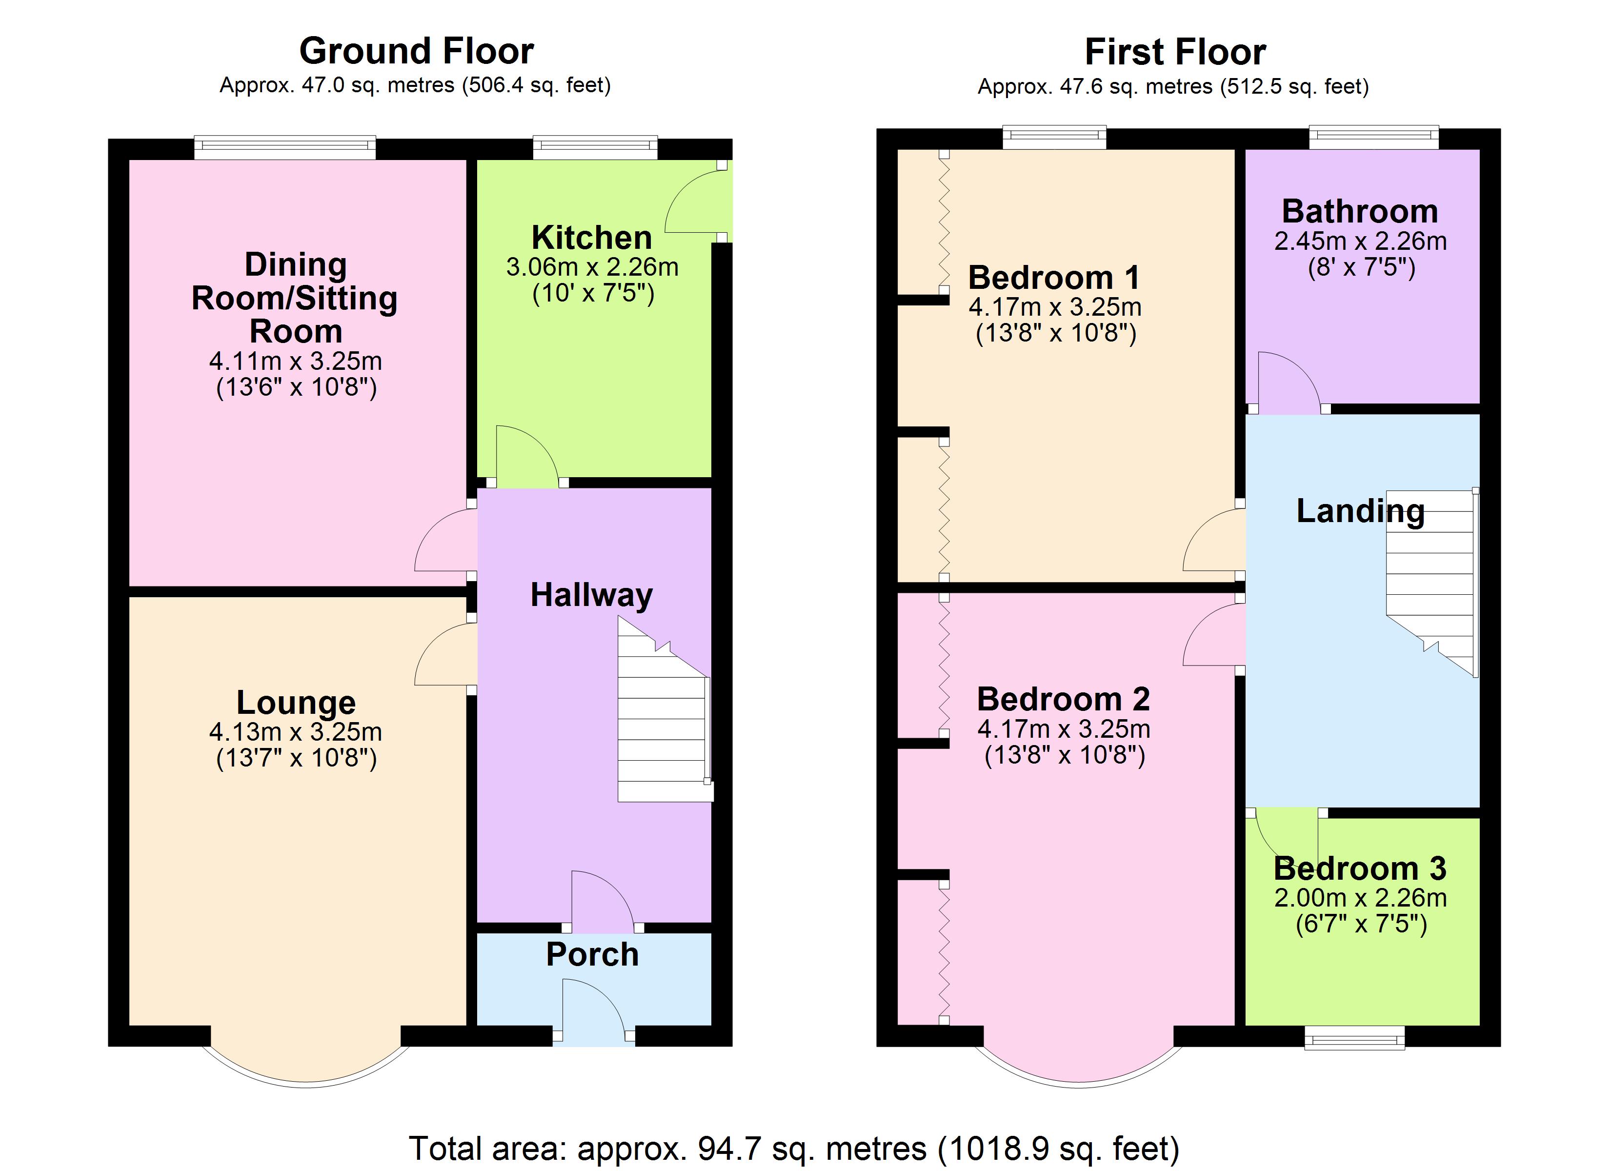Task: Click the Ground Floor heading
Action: point(417,51)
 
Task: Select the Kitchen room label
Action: point(592,237)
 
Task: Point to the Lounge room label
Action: point(296,703)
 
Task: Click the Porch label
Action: point(592,954)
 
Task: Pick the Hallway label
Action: point(591,595)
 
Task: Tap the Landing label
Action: point(1360,511)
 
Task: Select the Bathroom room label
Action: point(1360,212)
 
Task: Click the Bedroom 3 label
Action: point(1360,868)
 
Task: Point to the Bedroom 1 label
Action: point(1054,278)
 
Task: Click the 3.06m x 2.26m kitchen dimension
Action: point(592,268)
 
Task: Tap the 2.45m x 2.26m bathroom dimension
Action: point(1360,242)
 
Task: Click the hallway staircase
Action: point(664,710)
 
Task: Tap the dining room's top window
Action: point(285,148)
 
